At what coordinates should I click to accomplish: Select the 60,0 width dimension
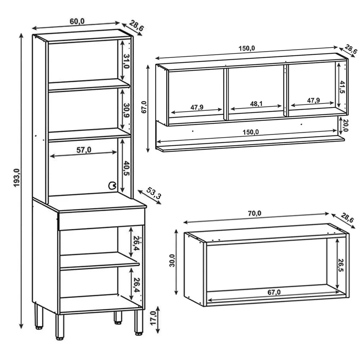click(77, 21)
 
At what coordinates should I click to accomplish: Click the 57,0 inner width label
click(83, 150)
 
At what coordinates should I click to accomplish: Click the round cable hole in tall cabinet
click(112, 186)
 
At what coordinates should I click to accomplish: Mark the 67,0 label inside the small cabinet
click(274, 292)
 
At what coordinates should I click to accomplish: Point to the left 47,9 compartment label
click(197, 107)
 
